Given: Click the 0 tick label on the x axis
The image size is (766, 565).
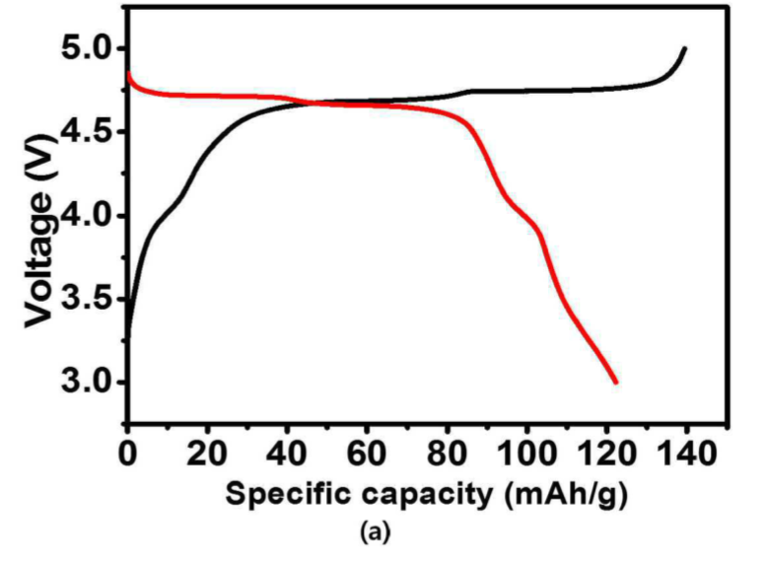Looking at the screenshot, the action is [127, 454].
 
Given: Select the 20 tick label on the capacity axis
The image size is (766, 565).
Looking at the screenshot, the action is [207, 454].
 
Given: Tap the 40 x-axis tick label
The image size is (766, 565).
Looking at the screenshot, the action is [287, 454].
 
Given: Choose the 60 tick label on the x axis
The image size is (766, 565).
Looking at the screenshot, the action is [367, 454].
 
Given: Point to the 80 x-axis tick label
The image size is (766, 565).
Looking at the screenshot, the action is [447, 454].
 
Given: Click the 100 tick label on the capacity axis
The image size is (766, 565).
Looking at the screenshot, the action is [526, 454].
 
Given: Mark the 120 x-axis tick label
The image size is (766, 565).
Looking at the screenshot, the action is [606, 454].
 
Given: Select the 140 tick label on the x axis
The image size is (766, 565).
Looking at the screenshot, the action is [687, 454].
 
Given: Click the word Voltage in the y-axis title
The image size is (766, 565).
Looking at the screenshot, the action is [38, 259].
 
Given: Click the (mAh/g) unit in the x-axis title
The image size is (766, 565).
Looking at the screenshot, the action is [566, 495].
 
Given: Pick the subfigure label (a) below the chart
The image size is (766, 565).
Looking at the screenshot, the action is [376, 531].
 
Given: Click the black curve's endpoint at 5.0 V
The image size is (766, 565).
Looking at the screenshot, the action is [685, 48].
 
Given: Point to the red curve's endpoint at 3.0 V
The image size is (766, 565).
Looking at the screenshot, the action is [615, 383].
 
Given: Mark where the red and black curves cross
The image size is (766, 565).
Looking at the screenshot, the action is [313, 103].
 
